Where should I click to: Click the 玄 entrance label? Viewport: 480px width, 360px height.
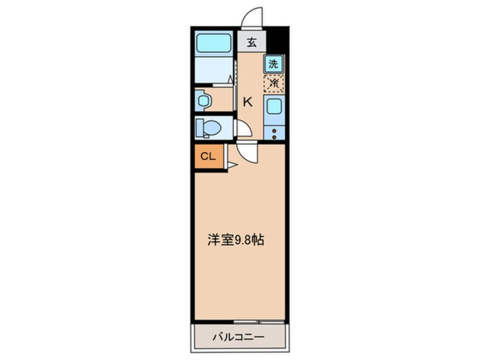pyautogui.click(x=252, y=42)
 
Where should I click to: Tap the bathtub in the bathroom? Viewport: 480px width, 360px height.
pyautogui.click(x=213, y=43)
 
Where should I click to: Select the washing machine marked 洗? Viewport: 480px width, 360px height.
pyautogui.click(x=273, y=64)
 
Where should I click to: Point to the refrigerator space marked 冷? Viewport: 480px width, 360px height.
pyautogui.click(x=274, y=83)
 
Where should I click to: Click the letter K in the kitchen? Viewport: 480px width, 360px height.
pyautogui.click(x=247, y=102)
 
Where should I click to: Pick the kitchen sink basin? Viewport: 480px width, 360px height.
pyautogui.click(x=274, y=107)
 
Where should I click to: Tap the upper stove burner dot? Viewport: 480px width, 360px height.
pyautogui.click(x=274, y=131)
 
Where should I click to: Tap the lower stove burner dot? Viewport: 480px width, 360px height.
pyautogui.click(x=274, y=137)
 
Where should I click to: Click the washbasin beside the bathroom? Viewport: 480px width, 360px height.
pyautogui.click(x=203, y=100)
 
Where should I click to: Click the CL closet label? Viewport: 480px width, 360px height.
pyautogui.click(x=208, y=156)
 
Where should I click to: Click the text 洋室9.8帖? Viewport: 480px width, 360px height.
pyautogui.click(x=235, y=240)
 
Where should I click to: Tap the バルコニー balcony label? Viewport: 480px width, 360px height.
pyautogui.click(x=238, y=337)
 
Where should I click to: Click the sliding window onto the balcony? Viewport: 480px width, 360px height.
pyautogui.click(x=259, y=322)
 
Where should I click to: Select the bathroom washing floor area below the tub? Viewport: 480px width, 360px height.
pyautogui.click(x=214, y=69)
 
